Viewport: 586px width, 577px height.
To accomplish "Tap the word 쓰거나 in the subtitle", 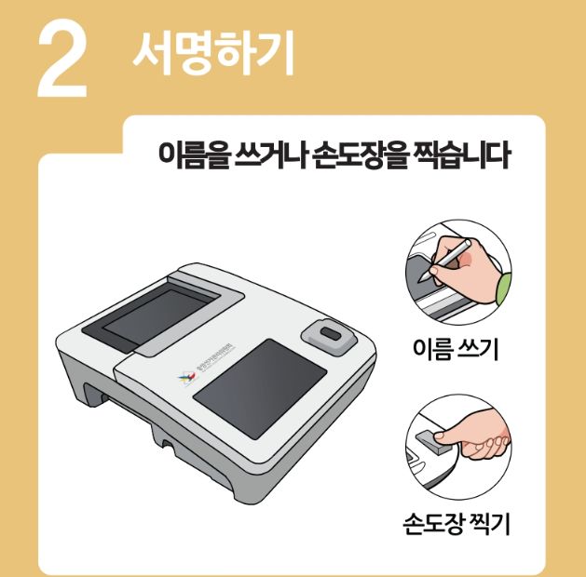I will [266, 155].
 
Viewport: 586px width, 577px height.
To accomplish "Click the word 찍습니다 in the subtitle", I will [457, 155].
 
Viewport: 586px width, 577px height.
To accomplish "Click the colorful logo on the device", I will [183, 378].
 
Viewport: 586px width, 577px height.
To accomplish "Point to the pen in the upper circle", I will [449, 260].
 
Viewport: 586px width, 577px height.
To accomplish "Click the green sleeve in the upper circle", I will [504, 288].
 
